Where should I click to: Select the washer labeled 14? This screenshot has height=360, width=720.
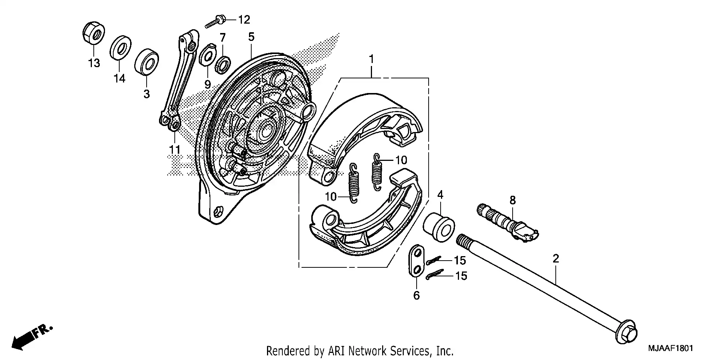click(x=120, y=48)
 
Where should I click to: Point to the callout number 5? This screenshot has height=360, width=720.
click(x=251, y=37)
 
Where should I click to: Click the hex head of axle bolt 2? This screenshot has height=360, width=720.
click(x=626, y=332)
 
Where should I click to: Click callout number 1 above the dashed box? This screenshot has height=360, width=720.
click(x=371, y=59)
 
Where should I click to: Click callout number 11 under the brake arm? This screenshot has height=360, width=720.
click(x=174, y=150)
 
